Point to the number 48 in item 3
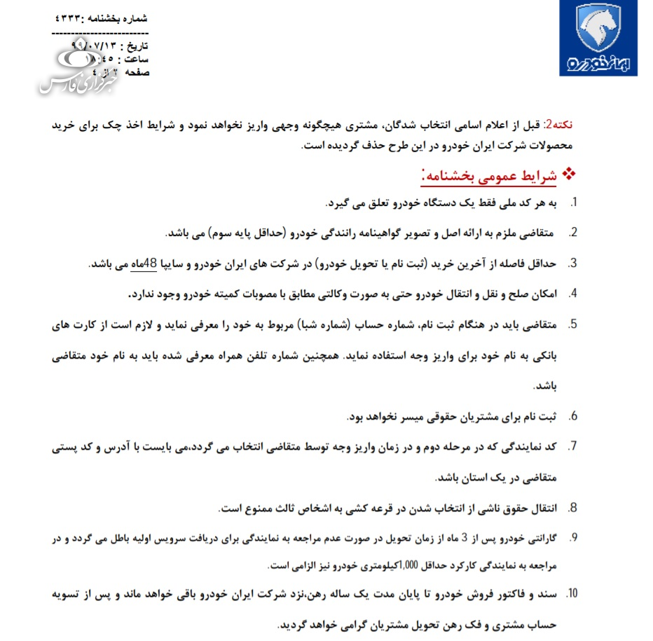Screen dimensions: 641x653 tap(153, 264)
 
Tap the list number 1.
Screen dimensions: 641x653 tap(573, 203)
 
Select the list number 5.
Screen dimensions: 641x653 tap(572, 324)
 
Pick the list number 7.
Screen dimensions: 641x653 tap(572, 446)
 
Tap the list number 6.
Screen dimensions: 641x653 tap(572, 417)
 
